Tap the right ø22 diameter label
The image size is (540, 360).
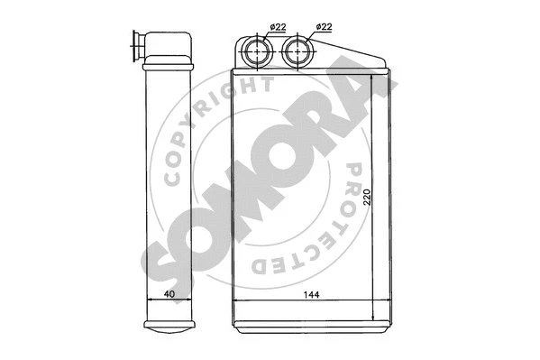click(322, 28)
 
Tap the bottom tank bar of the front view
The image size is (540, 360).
click(312, 320)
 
